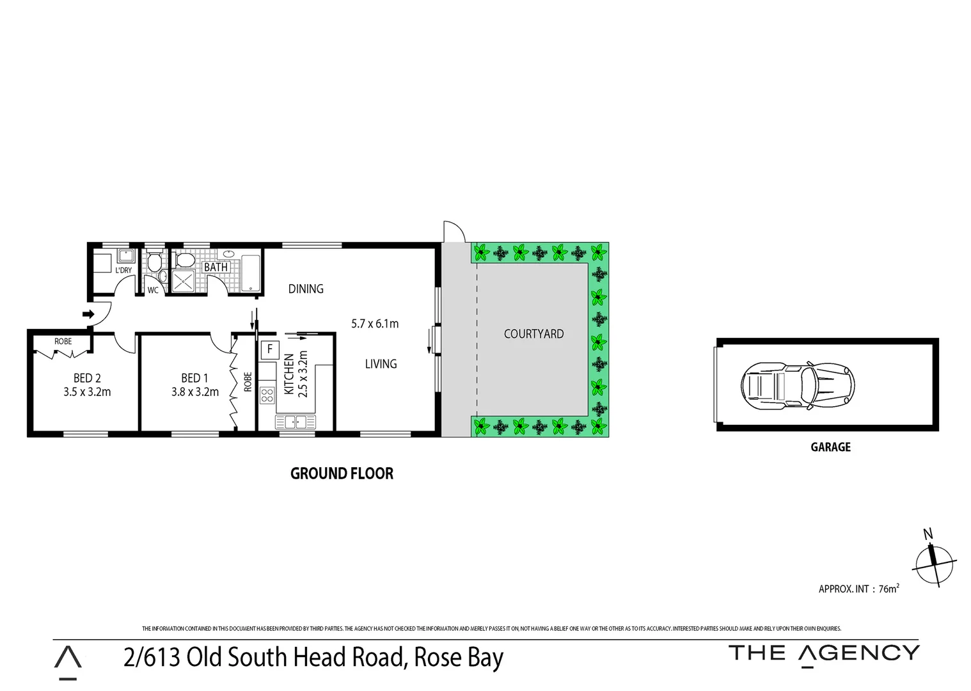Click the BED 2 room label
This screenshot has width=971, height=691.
[x=86, y=378]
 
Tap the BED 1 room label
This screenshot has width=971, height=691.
[x=194, y=378]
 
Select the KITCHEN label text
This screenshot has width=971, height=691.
[x=289, y=374]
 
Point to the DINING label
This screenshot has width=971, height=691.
[x=306, y=289]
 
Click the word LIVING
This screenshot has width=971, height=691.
[x=381, y=363]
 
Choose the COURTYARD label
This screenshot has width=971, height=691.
[x=533, y=333]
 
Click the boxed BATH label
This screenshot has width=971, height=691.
[x=216, y=267]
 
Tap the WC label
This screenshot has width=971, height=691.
[x=153, y=290]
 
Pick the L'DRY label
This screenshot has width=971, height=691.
[x=123, y=270]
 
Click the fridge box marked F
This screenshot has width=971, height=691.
[x=270, y=349]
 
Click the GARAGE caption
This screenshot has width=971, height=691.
[x=830, y=447]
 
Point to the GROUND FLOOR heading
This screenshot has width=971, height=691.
[x=342, y=473]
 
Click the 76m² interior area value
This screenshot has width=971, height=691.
[x=888, y=589]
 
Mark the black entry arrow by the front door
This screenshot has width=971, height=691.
[x=88, y=314]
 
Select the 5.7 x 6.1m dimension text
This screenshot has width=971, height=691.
[x=375, y=324]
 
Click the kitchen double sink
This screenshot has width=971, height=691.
[x=296, y=422]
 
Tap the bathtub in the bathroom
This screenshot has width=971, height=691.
[x=250, y=273]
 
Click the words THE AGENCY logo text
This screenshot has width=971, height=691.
[x=824, y=653]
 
